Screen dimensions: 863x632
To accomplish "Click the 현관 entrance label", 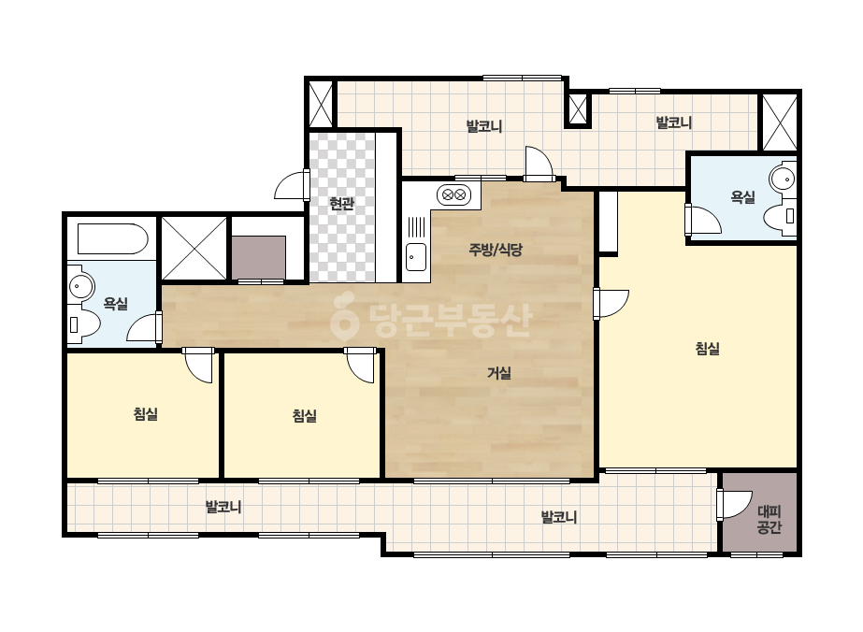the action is point(341,204).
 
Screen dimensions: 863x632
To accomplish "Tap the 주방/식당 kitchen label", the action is point(496,250).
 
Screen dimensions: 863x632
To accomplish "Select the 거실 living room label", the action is point(499,373).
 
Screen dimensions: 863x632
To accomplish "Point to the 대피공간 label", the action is point(769,520).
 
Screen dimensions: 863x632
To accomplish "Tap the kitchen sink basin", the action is point(416,256).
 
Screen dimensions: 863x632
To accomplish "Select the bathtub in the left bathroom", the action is point(113,238).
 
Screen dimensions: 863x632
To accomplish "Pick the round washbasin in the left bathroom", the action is point(81,286).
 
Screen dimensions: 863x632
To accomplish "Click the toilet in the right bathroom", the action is point(780,216).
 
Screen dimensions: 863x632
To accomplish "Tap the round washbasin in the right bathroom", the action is point(783,179).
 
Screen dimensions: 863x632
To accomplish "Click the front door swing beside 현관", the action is point(292,185).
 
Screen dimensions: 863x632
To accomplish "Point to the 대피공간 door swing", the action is point(734,504).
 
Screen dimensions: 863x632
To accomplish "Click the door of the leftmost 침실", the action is point(197,365).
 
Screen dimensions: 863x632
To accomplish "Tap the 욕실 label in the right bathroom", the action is point(742,197).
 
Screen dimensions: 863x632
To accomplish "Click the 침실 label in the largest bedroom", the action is point(707,349).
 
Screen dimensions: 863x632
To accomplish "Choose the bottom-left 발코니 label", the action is point(223,507).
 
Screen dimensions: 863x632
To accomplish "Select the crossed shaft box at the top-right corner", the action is point(780,122).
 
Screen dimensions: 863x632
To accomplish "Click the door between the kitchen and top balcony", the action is point(539,164).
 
